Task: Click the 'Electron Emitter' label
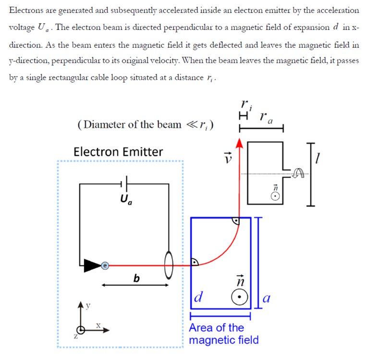click(118, 152)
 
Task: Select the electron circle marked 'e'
click(105, 264)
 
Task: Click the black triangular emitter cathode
click(90, 264)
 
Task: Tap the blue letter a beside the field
click(268, 299)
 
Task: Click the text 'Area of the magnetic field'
click(223, 334)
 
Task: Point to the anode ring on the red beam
click(169, 264)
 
